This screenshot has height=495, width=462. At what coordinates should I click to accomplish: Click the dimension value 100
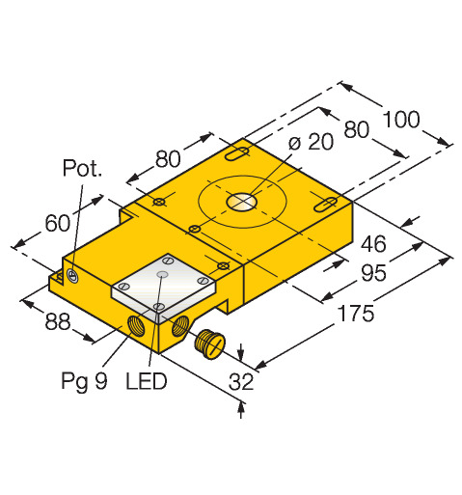(401, 119)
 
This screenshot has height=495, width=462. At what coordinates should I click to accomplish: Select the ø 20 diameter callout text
(311, 142)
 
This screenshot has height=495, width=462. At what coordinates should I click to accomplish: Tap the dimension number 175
(356, 313)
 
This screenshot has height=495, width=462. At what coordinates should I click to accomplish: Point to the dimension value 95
(373, 273)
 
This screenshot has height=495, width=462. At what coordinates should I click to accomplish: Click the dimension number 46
(373, 244)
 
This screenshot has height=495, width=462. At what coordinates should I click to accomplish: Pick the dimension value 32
(241, 381)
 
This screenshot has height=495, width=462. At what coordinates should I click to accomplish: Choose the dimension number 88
(58, 321)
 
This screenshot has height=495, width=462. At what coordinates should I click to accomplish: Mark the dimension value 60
(57, 223)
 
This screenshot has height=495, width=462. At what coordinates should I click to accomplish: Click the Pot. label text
(82, 168)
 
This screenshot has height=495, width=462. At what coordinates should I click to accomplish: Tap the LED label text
(147, 381)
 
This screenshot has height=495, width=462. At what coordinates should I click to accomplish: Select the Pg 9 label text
(84, 382)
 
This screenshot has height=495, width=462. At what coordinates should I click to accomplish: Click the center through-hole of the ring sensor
(242, 202)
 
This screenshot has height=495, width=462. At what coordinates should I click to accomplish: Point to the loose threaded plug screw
(209, 344)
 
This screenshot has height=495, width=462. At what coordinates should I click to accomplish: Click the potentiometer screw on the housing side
(73, 276)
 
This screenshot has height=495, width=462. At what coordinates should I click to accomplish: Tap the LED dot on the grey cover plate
(162, 274)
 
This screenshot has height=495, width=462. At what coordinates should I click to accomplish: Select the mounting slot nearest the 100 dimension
(325, 205)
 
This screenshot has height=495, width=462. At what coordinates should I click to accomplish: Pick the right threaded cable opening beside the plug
(180, 326)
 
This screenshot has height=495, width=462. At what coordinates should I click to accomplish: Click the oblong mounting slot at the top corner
(237, 153)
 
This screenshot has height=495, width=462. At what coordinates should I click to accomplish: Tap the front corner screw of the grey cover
(158, 306)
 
